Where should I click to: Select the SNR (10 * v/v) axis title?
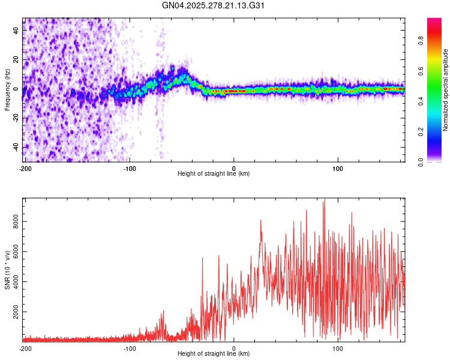7,270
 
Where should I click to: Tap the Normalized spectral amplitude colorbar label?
446,90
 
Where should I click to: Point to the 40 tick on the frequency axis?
17,31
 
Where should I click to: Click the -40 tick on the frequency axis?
16,146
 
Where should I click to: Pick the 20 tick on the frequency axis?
17,59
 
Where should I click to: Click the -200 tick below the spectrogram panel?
25,169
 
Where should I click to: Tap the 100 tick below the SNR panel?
337,349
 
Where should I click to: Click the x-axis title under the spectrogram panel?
214,174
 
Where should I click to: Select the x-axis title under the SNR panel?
214,354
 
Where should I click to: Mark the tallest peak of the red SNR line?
324,201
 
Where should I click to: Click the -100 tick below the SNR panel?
130,349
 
